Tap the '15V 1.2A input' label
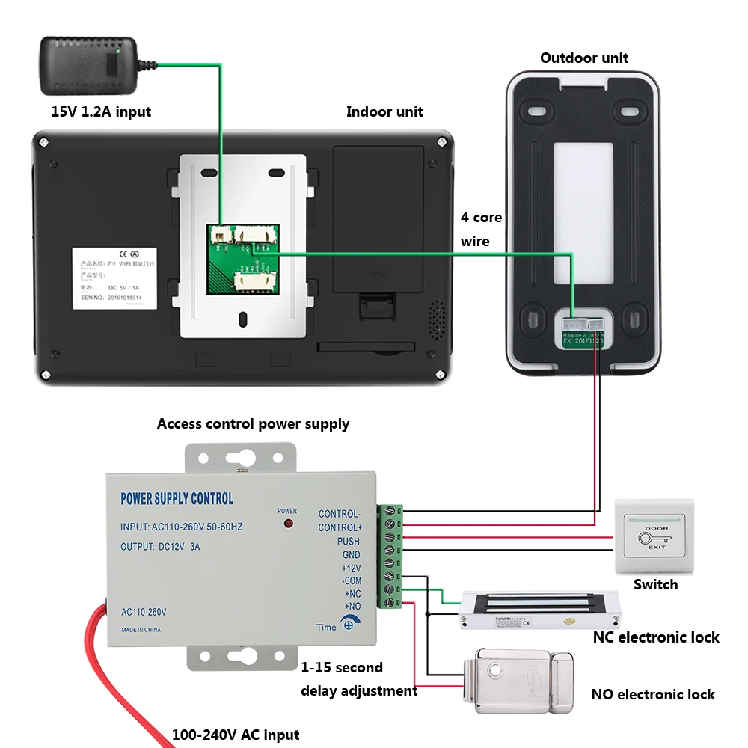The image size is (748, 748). [100, 112]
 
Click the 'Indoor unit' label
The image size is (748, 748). [384, 112]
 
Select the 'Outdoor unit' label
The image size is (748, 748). [584, 58]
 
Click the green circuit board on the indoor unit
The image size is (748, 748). [240, 259]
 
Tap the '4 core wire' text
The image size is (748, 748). [481, 230]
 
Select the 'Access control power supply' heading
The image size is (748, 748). [253, 424]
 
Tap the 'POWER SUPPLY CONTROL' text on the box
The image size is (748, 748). [177, 499]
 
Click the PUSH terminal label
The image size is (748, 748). [348, 542]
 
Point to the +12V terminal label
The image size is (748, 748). [351, 568]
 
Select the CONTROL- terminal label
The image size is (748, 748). [339, 514]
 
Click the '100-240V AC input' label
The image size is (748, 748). [236, 735]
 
